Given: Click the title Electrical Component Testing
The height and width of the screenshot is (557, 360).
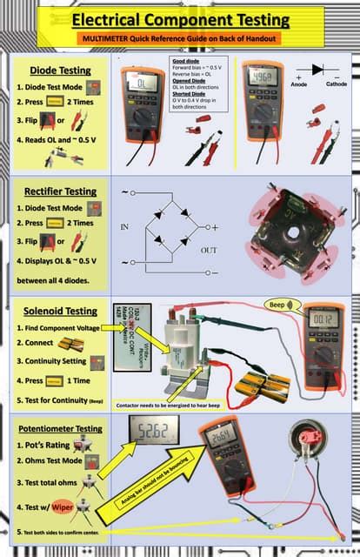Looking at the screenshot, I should (x=180, y=19).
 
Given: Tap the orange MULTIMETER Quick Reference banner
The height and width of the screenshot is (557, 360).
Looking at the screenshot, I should (x=180, y=40).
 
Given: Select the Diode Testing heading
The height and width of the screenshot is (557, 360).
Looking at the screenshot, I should (x=60, y=70).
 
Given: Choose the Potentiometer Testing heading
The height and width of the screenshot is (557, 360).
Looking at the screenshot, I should (x=60, y=428).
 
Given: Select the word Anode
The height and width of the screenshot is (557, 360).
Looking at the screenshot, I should (x=298, y=84).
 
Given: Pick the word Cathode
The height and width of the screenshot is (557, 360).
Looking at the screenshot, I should (x=337, y=84).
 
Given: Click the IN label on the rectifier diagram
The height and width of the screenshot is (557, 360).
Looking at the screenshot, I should (x=124, y=226).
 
